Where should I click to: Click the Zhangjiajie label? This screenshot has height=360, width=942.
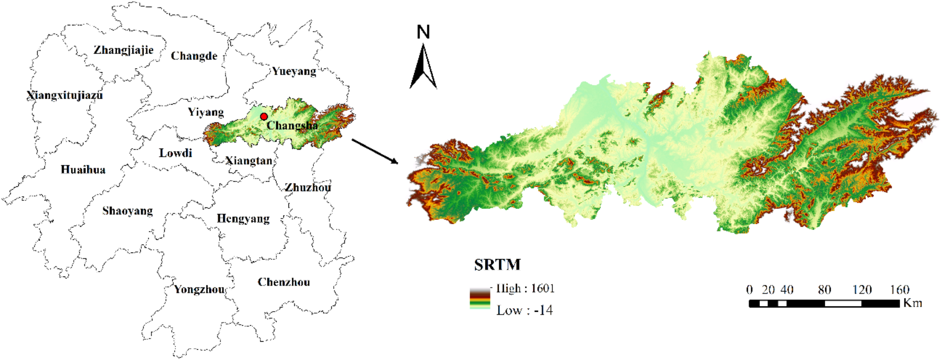123,50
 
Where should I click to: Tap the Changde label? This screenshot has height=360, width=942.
194,56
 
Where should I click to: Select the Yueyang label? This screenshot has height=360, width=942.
294,71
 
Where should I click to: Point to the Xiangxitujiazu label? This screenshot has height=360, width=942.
65,95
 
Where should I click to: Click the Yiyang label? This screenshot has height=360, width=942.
206,112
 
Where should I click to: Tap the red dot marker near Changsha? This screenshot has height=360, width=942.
264,116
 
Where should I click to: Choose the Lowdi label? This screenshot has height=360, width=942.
175,153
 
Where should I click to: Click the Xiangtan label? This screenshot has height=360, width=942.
249,161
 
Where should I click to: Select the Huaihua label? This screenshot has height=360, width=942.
83,169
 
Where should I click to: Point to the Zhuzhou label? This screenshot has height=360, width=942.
308,187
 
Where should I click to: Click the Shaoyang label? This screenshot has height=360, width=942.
128,211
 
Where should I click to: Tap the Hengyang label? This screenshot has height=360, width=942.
243,218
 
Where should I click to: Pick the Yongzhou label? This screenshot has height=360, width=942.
199,289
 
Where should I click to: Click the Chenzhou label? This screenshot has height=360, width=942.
283,282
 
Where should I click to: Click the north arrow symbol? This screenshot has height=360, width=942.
423,66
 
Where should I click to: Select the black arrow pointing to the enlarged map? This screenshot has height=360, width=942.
375,151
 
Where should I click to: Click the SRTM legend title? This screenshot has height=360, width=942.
497,265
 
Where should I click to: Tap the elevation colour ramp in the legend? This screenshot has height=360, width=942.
480,299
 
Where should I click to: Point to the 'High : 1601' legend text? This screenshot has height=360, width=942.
525,288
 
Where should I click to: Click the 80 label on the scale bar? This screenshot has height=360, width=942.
824,290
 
